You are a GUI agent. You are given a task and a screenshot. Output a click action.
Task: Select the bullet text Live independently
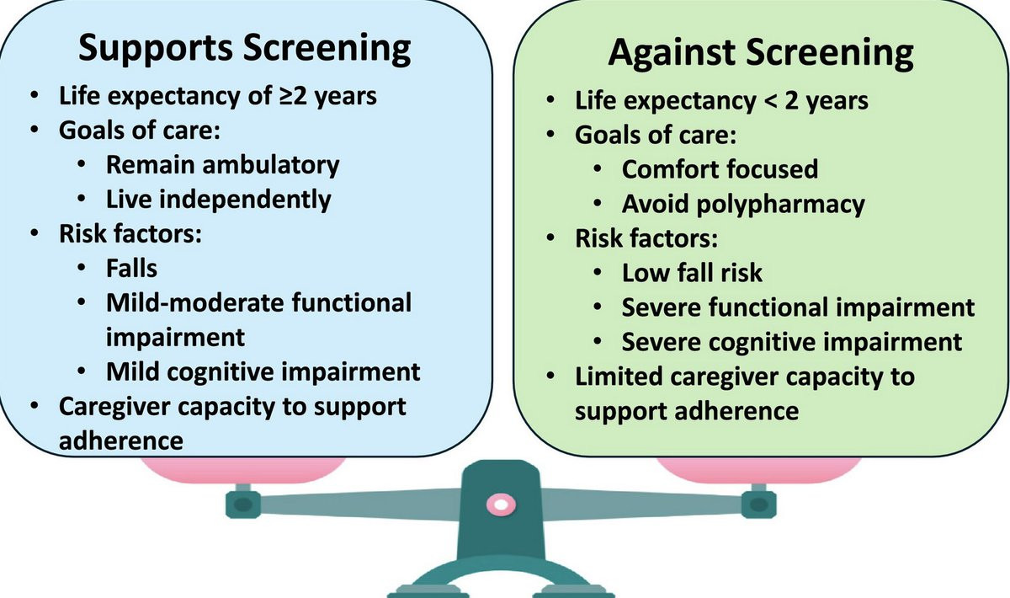[x=218, y=199]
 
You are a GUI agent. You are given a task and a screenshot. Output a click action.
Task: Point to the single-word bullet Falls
[x=131, y=268]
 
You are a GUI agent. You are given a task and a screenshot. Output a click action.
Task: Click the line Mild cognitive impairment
[x=263, y=371]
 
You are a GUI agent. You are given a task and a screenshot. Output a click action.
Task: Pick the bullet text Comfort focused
[x=720, y=168]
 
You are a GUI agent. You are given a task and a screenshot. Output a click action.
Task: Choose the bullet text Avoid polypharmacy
[x=743, y=204]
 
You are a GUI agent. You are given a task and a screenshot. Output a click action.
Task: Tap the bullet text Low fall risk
[x=692, y=273]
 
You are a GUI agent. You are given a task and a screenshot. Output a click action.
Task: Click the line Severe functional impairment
[x=798, y=307]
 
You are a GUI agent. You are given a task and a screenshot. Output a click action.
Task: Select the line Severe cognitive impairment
[x=791, y=342]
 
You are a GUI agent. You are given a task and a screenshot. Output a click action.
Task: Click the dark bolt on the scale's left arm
[x=242, y=505]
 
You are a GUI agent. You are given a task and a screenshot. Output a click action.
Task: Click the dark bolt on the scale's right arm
[x=759, y=505]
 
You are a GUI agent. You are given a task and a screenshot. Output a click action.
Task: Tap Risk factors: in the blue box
[x=129, y=233]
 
